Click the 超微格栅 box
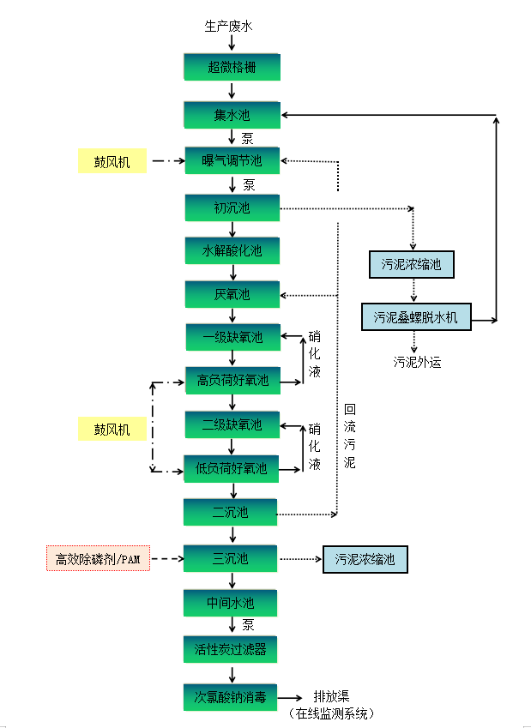[x=232, y=67]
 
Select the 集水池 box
[x=232, y=115]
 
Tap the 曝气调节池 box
[x=232, y=160]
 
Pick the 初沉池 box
[x=232, y=208]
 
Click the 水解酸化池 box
[x=232, y=251]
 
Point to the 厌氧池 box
[x=232, y=294]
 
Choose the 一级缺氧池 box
[x=232, y=337]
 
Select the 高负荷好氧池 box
[x=232, y=380]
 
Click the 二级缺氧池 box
[x=232, y=424]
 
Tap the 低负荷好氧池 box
[x=232, y=469]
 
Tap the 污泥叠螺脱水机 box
[x=415, y=317]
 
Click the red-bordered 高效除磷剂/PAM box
[x=98, y=559]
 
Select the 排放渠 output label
[x=331, y=696]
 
